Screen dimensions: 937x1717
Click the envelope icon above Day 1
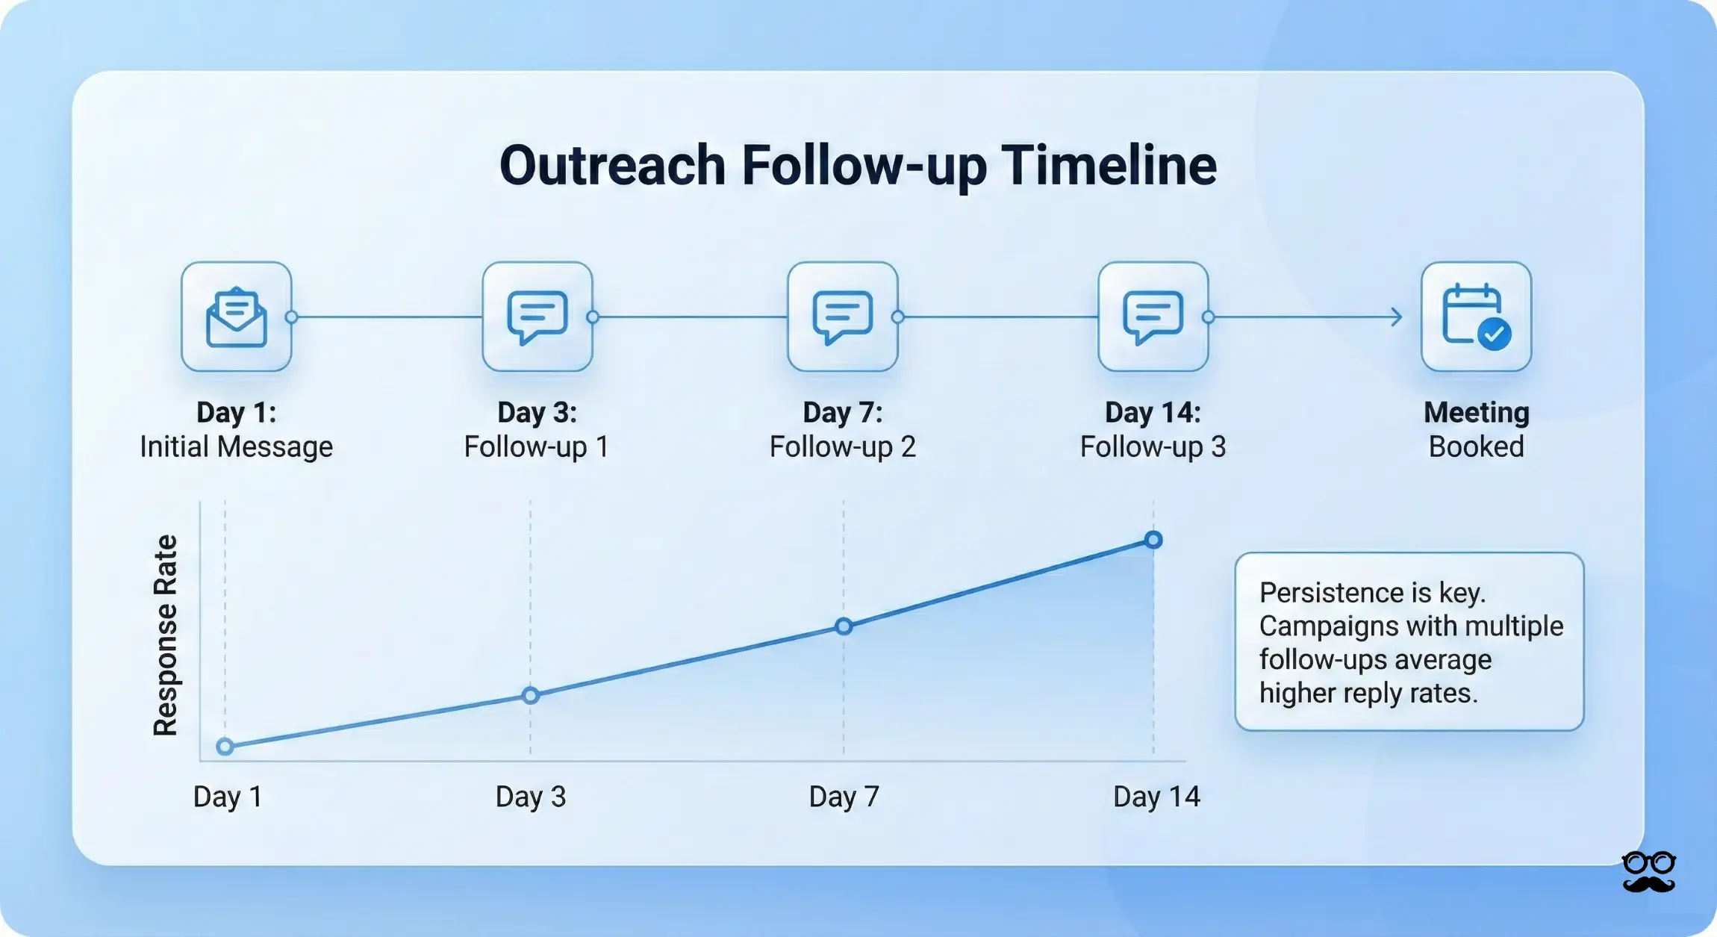tap(236, 317)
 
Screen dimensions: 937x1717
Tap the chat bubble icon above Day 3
tap(537, 317)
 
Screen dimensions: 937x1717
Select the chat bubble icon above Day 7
tap(842, 317)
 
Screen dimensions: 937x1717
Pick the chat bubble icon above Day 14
tap(1153, 317)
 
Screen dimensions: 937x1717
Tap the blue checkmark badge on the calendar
tap(1495, 334)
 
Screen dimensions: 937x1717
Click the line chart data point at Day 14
tap(1153, 540)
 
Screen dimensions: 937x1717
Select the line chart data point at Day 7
tap(844, 626)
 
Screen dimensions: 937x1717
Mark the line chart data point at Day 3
tap(530, 696)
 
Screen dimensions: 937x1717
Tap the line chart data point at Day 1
tap(225, 746)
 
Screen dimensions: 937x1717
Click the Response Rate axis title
tap(166, 635)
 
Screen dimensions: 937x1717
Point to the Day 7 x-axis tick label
tap(844, 797)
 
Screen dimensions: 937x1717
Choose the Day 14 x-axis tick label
tap(1156, 797)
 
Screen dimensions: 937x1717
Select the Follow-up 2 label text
tap(842, 446)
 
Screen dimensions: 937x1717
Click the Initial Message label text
tap(236, 446)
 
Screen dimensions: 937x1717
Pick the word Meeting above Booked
tap(1476, 412)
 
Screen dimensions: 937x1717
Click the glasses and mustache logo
tap(1649, 871)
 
